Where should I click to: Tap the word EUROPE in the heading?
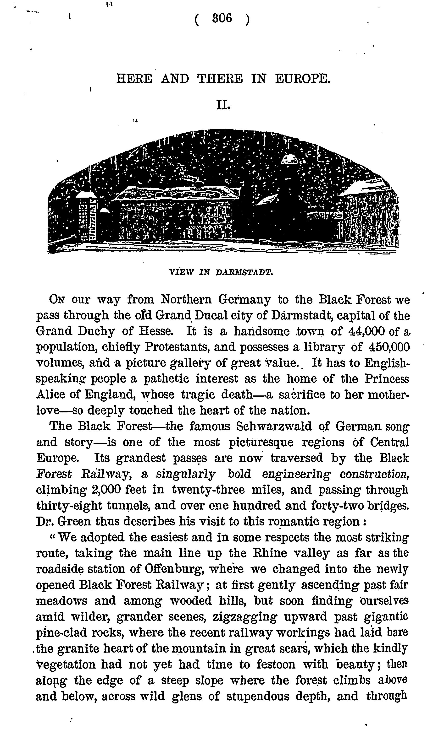pyautogui.click(x=303, y=79)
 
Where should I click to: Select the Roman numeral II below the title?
pyautogui.click(x=223, y=104)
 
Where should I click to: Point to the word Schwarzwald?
pyautogui.click(x=274, y=426)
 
